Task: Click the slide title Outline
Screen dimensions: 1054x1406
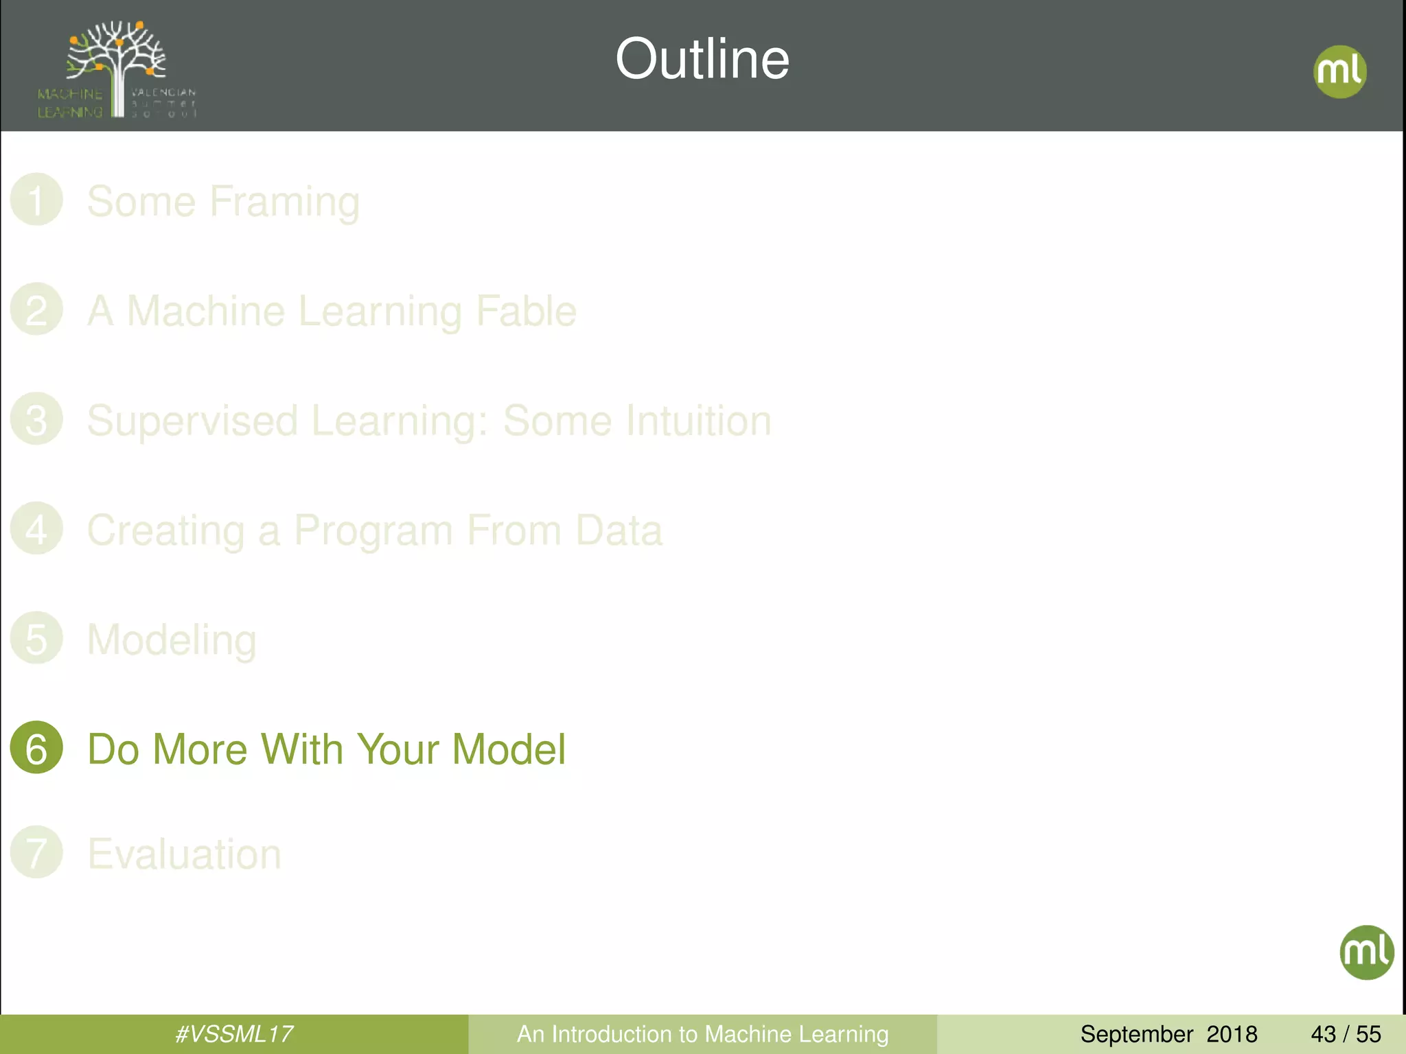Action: pyautogui.click(x=702, y=59)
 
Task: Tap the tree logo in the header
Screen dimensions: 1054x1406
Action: pyautogui.click(x=117, y=69)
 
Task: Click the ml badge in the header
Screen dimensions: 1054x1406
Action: pyautogui.click(x=1339, y=71)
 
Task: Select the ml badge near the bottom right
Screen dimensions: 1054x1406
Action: pyautogui.click(x=1366, y=952)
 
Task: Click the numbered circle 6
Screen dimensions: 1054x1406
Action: pyautogui.click(x=36, y=748)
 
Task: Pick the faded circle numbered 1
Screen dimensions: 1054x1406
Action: pyautogui.click(x=36, y=200)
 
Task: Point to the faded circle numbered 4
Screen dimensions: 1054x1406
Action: pyautogui.click(x=36, y=529)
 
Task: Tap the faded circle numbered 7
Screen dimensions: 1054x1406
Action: pyautogui.click(x=36, y=852)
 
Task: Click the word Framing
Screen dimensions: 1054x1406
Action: pyautogui.click(x=284, y=202)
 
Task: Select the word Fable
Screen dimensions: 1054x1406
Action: pyautogui.click(x=526, y=312)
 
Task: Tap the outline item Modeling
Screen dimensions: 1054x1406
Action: pyautogui.click(x=172, y=640)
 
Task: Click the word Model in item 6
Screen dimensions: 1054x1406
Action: pyautogui.click(x=509, y=749)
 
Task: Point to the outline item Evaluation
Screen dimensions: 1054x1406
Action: pyautogui.click(x=184, y=854)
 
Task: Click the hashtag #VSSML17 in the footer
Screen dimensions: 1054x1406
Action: pyautogui.click(x=234, y=1034)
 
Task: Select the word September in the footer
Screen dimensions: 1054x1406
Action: pyautogui.click(x=1136, y=1034)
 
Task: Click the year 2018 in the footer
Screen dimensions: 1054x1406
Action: pyautogui.click(x=1232, y=1034)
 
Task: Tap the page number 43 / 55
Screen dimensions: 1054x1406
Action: pyautogui.click(x=1346, y=1034)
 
